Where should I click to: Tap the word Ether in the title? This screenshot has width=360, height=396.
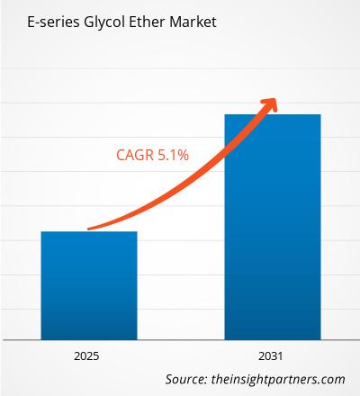point(137,19)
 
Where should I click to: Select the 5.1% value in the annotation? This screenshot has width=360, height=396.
point(173,156)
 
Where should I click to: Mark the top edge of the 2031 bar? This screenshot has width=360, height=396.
point(272,115)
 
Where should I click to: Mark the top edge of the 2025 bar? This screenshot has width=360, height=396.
point(88,232)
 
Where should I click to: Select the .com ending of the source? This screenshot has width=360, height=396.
point(332,379)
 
